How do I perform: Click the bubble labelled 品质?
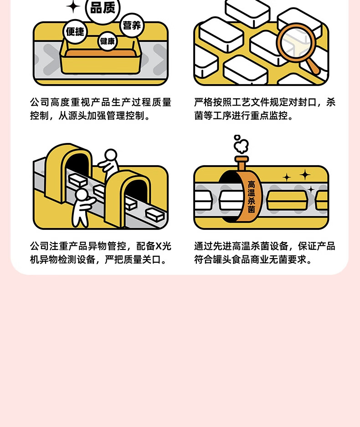point(103,9)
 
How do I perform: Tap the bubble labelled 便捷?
point(75,31)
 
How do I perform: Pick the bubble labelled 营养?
point(132,25)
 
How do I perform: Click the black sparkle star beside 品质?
point(73,6)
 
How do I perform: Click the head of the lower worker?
point(82,194)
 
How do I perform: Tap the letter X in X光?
point(159,246)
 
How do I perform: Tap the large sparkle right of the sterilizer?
point(304,175)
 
